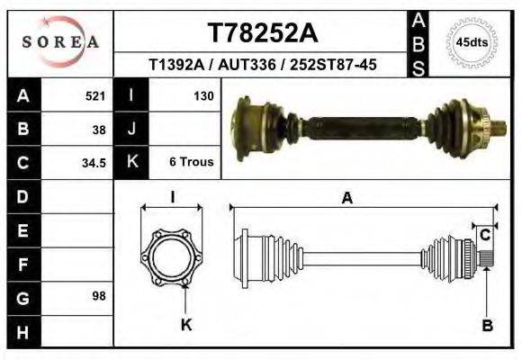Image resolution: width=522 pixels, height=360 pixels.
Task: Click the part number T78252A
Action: (x=262, y=32)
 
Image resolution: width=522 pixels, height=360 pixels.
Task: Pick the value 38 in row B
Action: (x=99, y=129)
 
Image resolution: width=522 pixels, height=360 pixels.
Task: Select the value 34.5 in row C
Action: (x=94, y=163)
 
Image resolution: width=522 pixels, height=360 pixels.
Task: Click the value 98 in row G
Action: (x=99, y=296)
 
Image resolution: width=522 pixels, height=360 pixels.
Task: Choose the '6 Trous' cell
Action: (x=191, y=163)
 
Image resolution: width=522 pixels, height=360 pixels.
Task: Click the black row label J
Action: (x=131, y=130)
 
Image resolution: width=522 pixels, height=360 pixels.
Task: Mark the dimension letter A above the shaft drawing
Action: (x=346, y=200)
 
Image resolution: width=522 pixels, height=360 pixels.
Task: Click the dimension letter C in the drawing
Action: (x=484, y=236)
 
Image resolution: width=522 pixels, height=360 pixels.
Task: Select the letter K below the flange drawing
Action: (x=186, y=326)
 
